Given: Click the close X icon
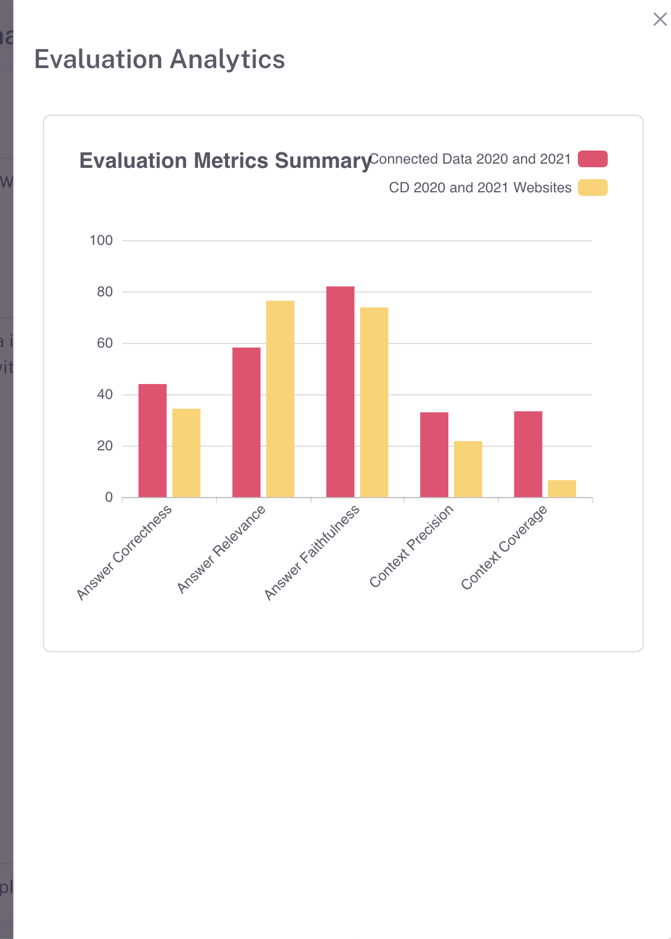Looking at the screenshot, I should [x=660, y=19].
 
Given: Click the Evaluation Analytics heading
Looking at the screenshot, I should [x=159, y=60].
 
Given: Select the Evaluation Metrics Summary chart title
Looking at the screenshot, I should [x=226, y=161].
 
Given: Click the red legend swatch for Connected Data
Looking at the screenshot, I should [x=592, y=159].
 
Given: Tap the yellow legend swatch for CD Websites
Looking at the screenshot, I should [x=592, y=188].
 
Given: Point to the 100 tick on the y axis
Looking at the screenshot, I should [x=101, y=241].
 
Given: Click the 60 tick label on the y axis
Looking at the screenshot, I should [x=104, y=343].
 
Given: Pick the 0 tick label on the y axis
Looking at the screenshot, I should [x=109, y=498].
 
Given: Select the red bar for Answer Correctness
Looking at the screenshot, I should [x=152, y=441].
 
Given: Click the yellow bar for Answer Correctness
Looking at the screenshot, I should [x=186, y=453].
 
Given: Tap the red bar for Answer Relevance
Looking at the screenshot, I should [x=246, y=422].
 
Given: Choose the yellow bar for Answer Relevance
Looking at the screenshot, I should [x=280, y=399].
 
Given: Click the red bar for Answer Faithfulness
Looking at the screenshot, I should [x=340, y=392].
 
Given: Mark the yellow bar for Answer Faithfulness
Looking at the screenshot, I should [x=374, y=402].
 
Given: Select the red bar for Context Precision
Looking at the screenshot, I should [x=434, y=455].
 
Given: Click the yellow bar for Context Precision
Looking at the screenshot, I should [x=468, y=469].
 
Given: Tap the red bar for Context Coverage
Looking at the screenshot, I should [x=528, y=454].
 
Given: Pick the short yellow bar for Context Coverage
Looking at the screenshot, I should [x=562, y=489].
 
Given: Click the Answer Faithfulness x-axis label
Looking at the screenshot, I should [x=312, y=552].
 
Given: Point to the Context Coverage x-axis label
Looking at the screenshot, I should [x=504, y=547].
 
